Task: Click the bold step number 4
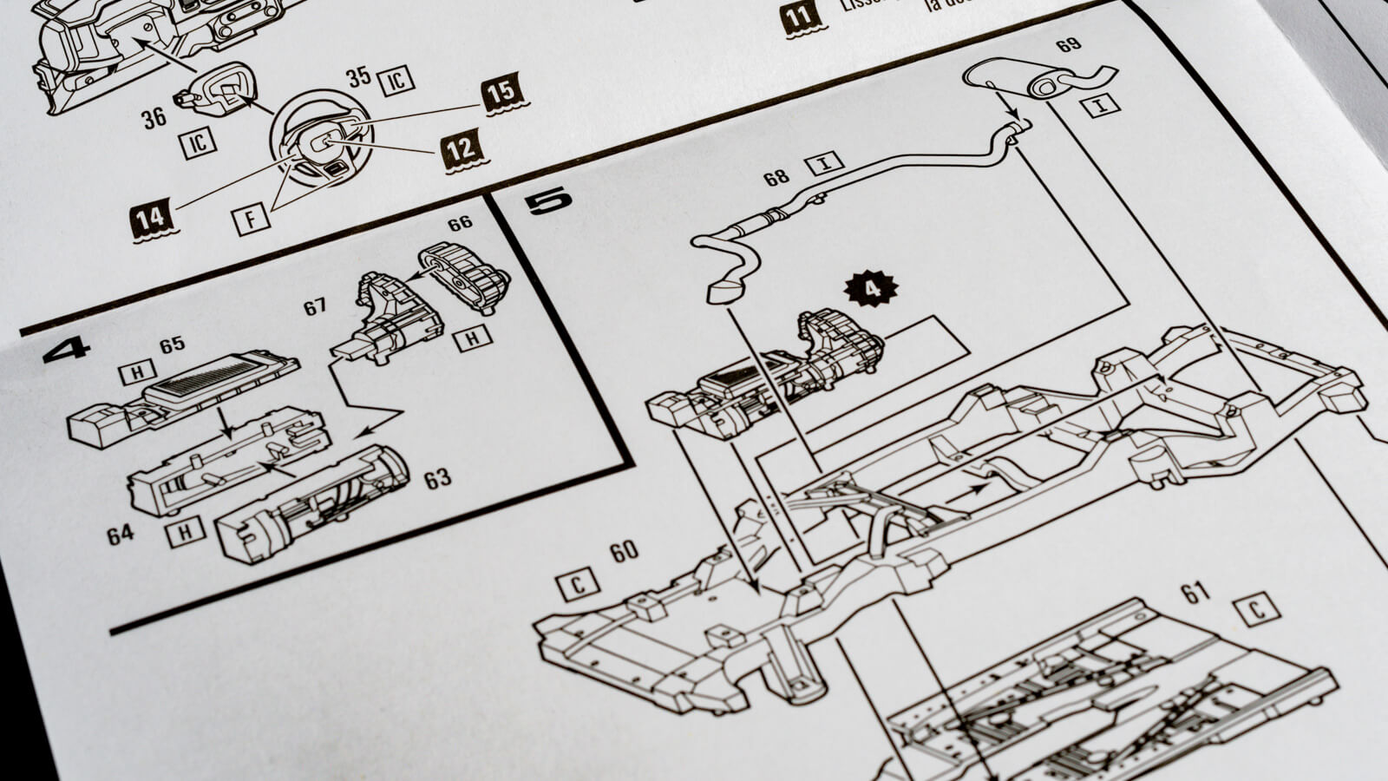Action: pyautogui.click(x=66, y=349)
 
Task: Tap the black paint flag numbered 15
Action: pyautogui.click(x=501, y=95)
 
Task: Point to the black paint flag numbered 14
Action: pyautogui.click(x=153, y=219)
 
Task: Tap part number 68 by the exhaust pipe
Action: pyautogui.click(x=776, y=177)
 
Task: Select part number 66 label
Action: pyautogui.click(x=460, y=223)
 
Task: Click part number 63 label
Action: pyautogui.click(x=437, y=478)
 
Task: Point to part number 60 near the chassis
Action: pyautogui.click(x=624, y=551)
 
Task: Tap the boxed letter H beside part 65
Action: pyautogui.click(x=137, y=373)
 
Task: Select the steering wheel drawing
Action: pyautogui.click(x=320, y=137)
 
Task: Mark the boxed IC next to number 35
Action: pyautogui.click(x=396, y=81)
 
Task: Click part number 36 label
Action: pyautogui.click(x=154, y=118)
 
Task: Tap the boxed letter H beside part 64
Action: pyautogui.click(x=185, y=531)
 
